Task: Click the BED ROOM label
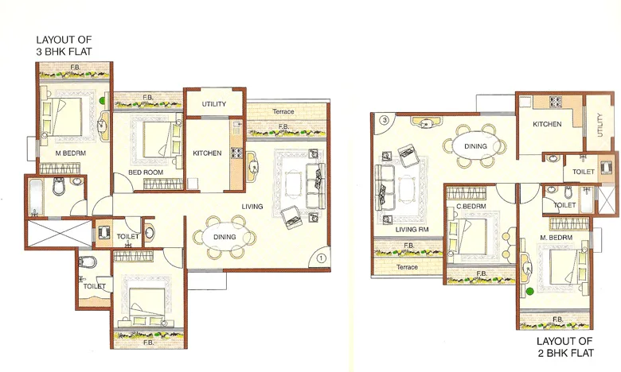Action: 145,172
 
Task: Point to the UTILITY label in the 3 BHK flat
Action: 214,104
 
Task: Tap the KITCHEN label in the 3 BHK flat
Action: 207,153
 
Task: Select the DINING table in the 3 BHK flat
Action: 224,237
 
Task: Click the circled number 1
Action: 320,257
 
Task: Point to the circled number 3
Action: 384,120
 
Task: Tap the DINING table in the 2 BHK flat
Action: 475,146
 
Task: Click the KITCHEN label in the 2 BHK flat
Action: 547,124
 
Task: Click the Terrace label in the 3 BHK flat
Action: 283,112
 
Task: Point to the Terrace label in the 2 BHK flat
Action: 407,267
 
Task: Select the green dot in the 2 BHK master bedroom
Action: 528,292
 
